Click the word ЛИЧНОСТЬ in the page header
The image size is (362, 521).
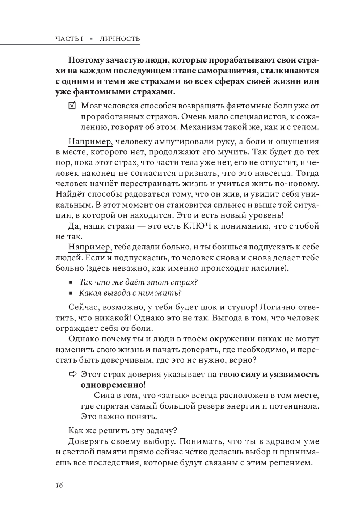coord(120,39)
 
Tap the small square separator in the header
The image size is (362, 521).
coord(92,39)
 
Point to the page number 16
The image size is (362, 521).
coord(59,485)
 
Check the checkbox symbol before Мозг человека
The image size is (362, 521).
coord(72,106)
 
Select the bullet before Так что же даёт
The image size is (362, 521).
coord(71,282)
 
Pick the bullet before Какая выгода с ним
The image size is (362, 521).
coord(71,293)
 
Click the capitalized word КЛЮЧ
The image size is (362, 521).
coord(196,226)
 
